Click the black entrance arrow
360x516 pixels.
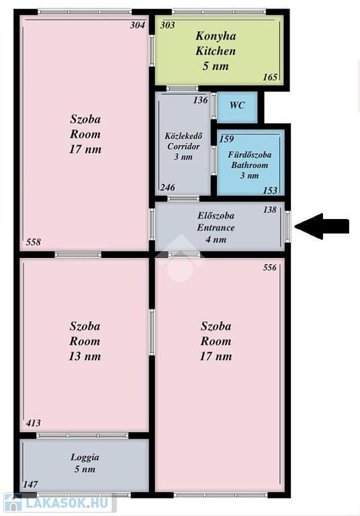(x=322, y=226)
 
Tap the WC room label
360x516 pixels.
(x=237, y=105)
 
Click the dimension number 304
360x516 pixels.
(x=138, y=26)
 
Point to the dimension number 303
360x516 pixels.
(x=167, y=26)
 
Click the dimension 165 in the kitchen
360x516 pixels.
(x=270, y=77)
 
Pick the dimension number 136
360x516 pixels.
(x=200, y=100)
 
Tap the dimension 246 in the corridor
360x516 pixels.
(x=168, y=187)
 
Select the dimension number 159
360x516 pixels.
(x=227, y=139)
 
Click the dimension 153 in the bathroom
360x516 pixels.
(x=270, y=191)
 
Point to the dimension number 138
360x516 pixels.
(x=270, y=210)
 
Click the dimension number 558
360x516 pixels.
(x=34, y=242)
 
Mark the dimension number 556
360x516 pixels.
(x=270, y=267)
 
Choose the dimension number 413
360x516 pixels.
(x=33, y=423)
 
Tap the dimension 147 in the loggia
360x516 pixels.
(x=30, y=484)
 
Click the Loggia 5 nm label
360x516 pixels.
(x=85, y=463)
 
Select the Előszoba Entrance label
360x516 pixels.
(x=216, y=222)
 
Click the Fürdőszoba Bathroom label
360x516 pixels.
(x=250, y=160)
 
